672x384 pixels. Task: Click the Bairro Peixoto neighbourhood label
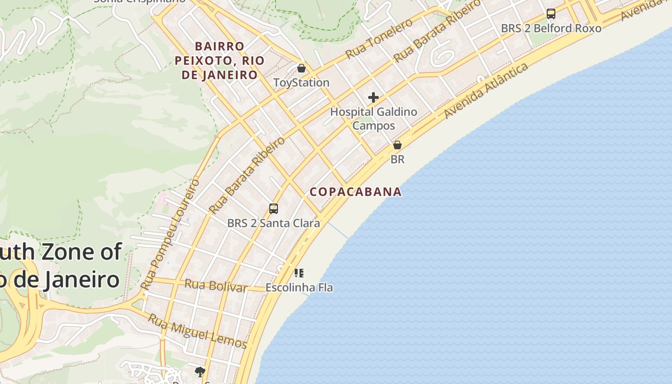(220, 60)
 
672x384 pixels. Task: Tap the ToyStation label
(301, 83)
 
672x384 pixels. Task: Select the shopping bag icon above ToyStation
(301, 68)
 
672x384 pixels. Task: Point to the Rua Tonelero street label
(379, 39)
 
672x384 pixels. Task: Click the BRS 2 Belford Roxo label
(551, 28)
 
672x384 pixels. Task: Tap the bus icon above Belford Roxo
(551, 14)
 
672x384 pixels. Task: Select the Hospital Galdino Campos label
(373, 119)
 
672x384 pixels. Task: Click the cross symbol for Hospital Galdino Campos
(373, 98)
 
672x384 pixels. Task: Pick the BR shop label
(397, 159)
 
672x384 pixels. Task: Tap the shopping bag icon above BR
(397, 145)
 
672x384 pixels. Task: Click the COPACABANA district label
(356, 192)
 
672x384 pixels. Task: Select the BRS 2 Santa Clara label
(274, 223)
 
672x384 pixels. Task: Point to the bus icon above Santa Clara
(274, 209)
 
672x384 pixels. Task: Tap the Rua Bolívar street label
(216, 286)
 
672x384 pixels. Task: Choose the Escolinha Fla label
(299, 288)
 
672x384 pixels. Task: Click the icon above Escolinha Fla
(299, 274)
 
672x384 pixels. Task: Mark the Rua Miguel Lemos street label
(197, 332)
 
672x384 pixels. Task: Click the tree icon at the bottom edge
(200, 372)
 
